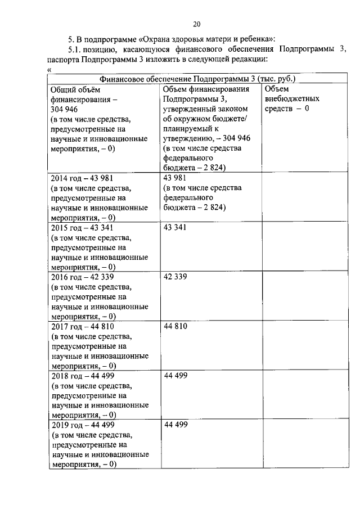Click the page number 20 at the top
pos(196,24)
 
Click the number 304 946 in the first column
pos(66,109)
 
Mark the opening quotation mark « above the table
pos(51,70)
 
